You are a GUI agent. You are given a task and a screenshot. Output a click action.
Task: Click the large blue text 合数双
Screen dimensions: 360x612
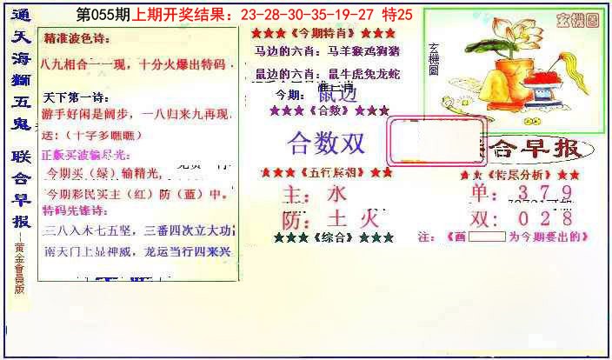[326, 143]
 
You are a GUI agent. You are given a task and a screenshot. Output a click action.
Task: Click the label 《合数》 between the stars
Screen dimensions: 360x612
[329, 110]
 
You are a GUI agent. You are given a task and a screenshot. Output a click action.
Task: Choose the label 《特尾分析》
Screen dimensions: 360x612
[524, 176]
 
